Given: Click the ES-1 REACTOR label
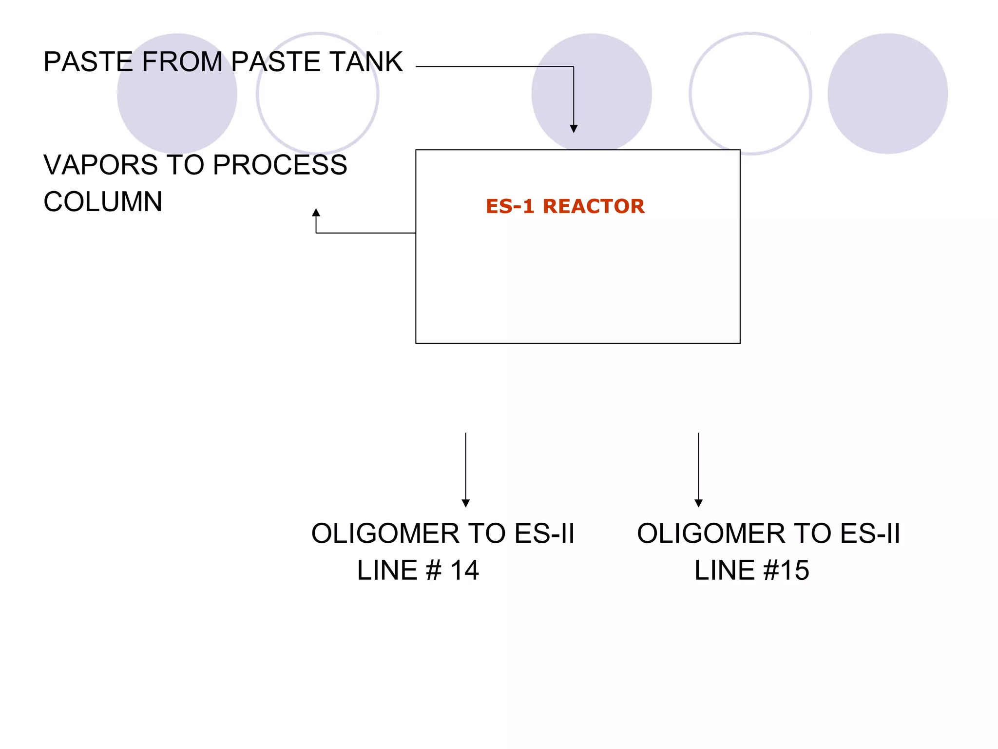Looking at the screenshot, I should [x=565, y=206].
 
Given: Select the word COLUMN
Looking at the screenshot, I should [x=103, y=202].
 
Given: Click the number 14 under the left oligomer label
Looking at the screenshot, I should [x=464, y=570].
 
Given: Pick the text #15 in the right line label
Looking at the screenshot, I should [x=786, y=570].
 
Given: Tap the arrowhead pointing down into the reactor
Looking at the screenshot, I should [x=574, y=129].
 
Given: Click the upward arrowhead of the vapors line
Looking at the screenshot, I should [x=316, y=213].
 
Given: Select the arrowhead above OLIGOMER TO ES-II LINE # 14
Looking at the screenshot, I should [x=465, y=503].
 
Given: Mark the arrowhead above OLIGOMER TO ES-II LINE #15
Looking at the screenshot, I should [x=698, y=503].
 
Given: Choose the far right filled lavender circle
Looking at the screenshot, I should [x=887, y=94].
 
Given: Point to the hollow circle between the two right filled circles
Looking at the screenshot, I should [x=750, y=94].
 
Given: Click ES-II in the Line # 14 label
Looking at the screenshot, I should [x=544, y=533].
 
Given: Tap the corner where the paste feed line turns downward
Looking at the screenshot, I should [x=574, y=67].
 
